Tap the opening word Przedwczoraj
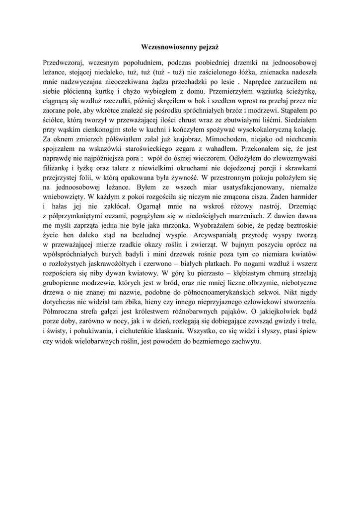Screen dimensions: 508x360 tap(64, 63)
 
